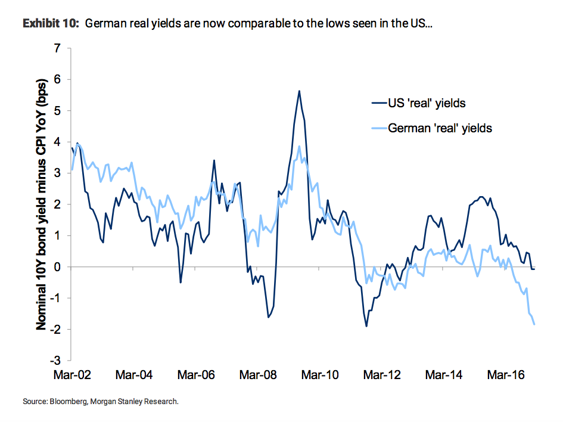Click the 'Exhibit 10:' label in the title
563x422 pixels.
pyautogui.click(x=51, y=24)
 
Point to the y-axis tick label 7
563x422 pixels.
pyautogui.click(x=58, y=48)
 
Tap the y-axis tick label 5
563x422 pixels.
pyautogui.click(x=58, y=111)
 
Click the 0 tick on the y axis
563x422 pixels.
pyautogui.click(x=58, y=267)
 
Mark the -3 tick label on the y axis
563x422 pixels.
pyautogui.click(x=56, y=361)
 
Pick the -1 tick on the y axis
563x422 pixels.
pyautogui.click(x=56, y=298)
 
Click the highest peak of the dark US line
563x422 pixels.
pyautogui.click(x=299, y=91)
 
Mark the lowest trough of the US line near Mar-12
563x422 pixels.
pyautogui.click(x=366, y=326)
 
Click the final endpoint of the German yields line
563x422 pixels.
pyautogui.click(x=534, y=324)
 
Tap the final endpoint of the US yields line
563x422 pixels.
pyautogui.click(x=534, y=269)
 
